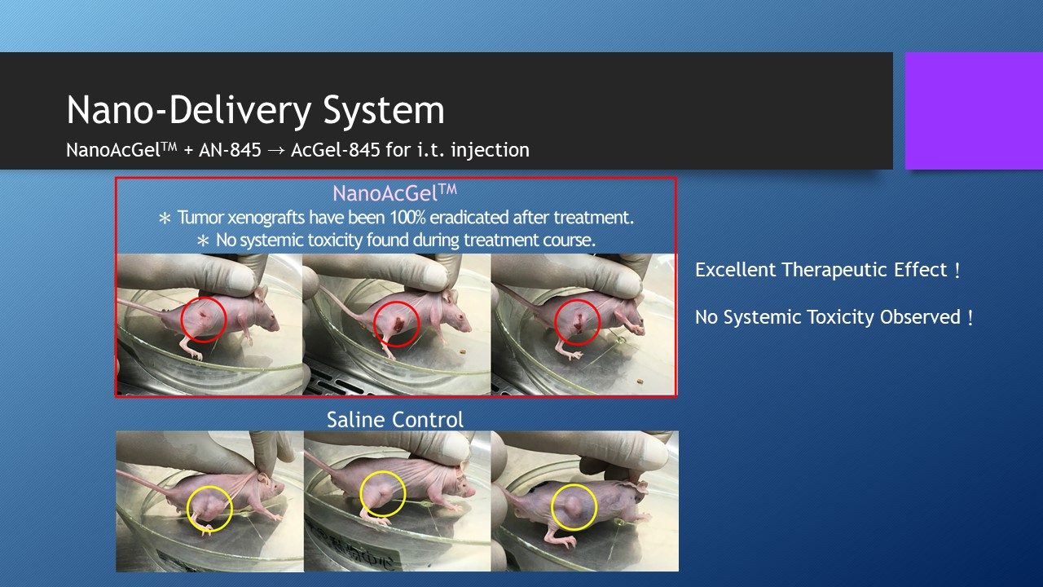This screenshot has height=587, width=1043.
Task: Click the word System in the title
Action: click(384, 111)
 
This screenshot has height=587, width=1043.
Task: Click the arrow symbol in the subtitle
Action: click(276, 151)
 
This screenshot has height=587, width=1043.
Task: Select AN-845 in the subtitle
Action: click(230, 150)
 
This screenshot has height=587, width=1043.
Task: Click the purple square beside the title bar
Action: click(974, 110)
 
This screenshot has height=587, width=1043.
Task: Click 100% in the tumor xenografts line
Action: click(407, 218)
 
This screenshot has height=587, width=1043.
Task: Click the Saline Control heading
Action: click(395, 420)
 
